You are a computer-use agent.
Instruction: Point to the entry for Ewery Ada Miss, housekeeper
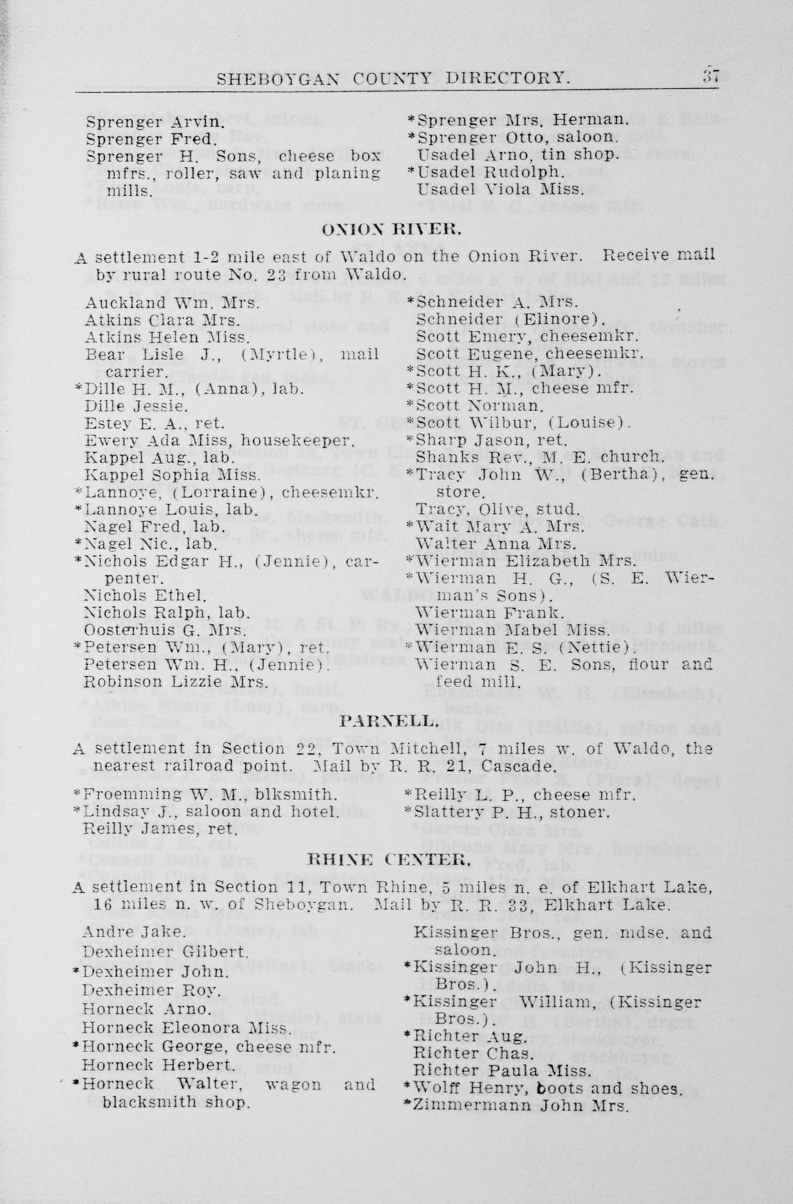click(x=220, y=441)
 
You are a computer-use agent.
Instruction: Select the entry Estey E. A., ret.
click(x=155, y=423)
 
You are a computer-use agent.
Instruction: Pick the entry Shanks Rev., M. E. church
click(x=539, y=456)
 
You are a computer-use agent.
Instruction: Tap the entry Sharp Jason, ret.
click(x=491, y=440)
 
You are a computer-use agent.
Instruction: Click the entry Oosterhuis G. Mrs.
click(x=165, y=629)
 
